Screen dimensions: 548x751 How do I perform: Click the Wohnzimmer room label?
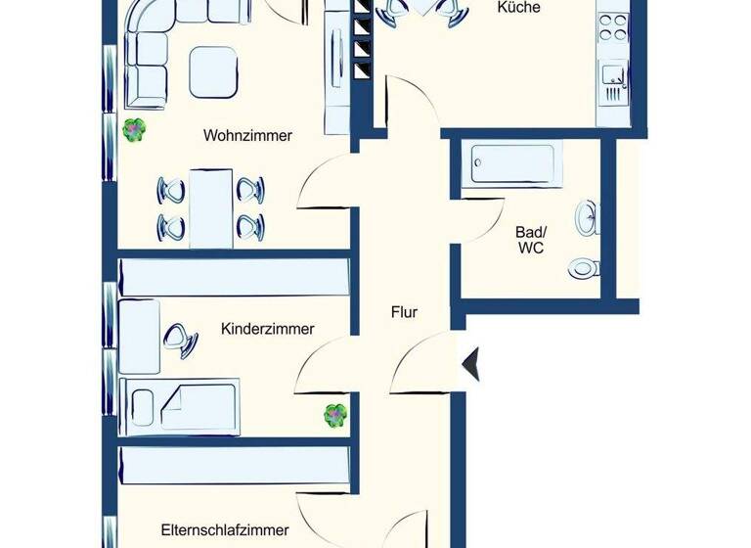pos(247,136)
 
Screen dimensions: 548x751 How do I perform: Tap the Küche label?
pos(519,7)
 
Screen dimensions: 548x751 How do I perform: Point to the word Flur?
pos(403,313)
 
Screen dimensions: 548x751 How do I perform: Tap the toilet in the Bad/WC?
pos(585,266)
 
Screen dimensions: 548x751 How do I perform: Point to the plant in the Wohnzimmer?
pos(134,128)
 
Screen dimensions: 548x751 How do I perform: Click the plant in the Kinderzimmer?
pos(335,416)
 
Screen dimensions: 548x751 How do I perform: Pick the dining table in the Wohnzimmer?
pos(211,207)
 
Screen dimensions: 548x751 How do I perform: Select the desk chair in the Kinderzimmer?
pos(179,337)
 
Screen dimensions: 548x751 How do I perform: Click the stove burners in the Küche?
pos(613,26)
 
